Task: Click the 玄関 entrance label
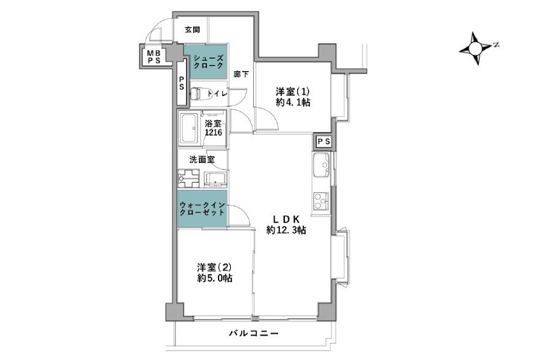(192, 30)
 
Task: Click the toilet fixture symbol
(196, 95)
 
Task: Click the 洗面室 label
(202, 160)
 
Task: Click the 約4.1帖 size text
(293, 103)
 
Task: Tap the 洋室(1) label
(293, 90)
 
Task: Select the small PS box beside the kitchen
(323, 141)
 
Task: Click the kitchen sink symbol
(320, 164)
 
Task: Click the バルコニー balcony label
(253, 334)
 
